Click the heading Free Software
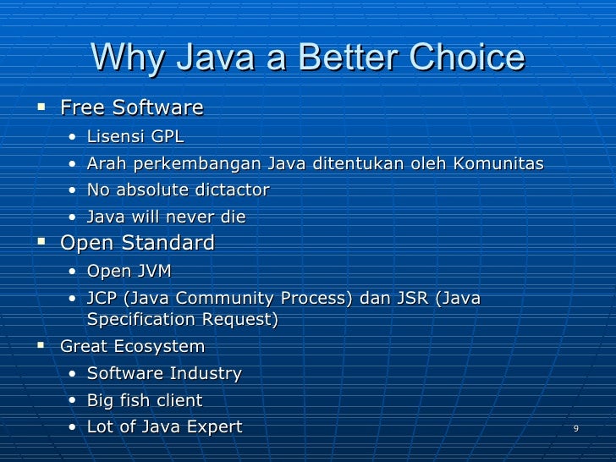tap(132, 108)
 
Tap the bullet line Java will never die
tap(166, 217)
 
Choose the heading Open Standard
tap(137, 244)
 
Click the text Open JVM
tap(129, 272)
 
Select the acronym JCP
tap(103, 299)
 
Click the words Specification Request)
tap(182, 320)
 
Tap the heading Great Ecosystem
tap(133, 347)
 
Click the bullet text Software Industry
tap(164, 373)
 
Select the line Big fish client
tap(145, 400)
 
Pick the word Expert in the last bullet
tap(214, 427)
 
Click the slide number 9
tap(575, 429)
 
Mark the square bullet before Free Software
tap(40, 107)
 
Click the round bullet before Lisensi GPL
tap(74, 137)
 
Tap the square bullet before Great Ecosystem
tap(40, 346)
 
